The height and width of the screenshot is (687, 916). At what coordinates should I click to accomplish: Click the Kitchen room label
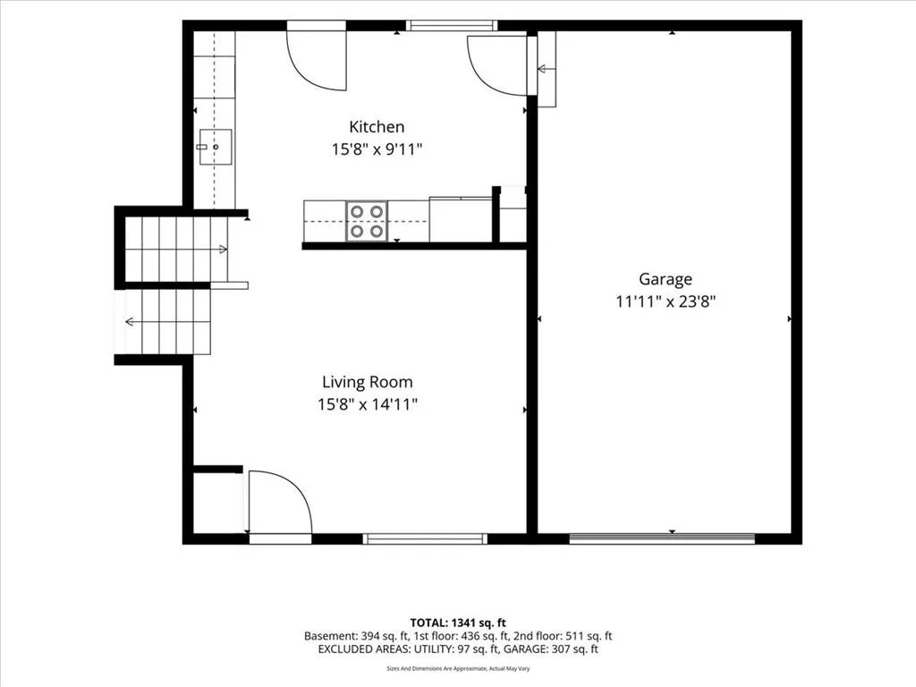click(x=377, y=127)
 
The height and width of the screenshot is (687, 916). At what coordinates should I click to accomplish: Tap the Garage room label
click(x=666, y=279)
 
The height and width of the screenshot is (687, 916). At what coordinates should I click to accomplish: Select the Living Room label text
click(x=368, y=382)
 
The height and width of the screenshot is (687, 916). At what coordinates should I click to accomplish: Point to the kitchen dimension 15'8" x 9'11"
click(x=377, y=149)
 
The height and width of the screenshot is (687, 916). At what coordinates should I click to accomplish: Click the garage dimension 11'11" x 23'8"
click(x=666, y=301)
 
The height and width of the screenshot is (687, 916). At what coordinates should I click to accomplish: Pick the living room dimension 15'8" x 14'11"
click(x=368, y=404)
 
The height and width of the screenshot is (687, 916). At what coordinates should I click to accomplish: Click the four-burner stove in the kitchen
click(x=366, y=221)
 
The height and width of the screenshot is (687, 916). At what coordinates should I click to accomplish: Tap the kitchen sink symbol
click(x=216, y=147)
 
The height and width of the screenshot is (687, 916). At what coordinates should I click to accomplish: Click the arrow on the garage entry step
click(x=547, y=69)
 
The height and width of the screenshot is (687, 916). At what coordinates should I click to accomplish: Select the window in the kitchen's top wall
click(x=451, y=25)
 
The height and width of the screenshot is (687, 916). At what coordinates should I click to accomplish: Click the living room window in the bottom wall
click(x=425, y=539)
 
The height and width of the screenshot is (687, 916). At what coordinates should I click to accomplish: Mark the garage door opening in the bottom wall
click(x=662, y=539)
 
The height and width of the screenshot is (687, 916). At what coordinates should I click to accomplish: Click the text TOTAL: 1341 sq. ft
click(x=458, y=623)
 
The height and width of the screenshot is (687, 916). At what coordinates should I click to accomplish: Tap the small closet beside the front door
click(x=218, y=503)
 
